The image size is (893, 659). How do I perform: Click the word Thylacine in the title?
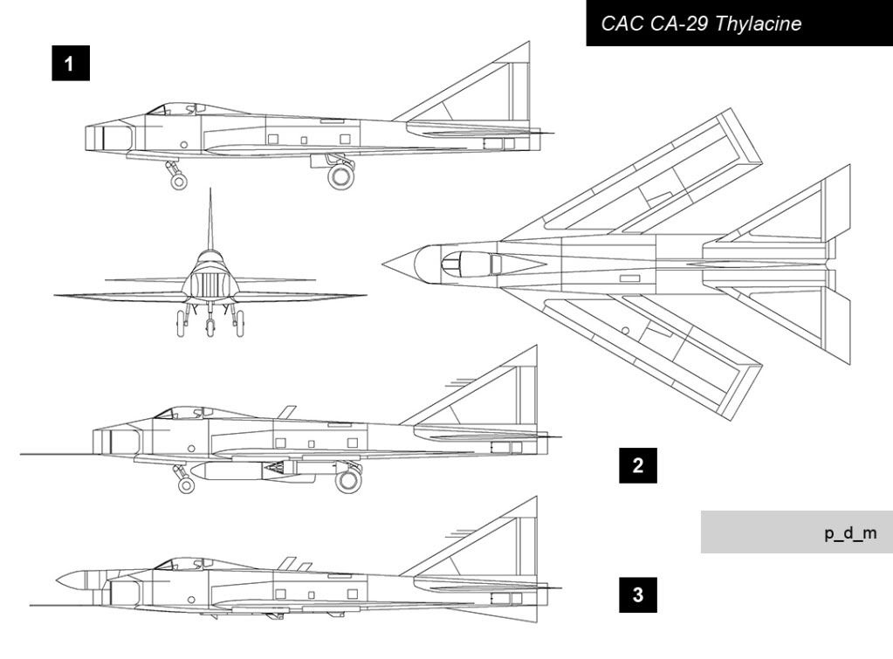click(x=758, y=24)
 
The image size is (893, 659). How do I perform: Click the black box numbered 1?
click(x=71, y=63)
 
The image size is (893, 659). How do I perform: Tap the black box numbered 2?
click(x=638, y=465)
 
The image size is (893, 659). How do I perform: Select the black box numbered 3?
click(x=638, y=594)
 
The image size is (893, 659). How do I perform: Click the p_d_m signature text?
click(x=850, y=533)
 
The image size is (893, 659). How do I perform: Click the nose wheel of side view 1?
click(x=179, y=182)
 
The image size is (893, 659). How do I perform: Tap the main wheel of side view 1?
click(x=341, y=176)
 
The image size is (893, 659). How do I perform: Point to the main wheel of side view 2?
click(x=348, y=480)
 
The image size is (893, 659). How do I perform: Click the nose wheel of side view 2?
click(x=186, y=484)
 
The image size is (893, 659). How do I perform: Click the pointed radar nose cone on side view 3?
click(x=71, y=580)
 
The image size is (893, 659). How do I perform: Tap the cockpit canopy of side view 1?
click(x=176, y=109)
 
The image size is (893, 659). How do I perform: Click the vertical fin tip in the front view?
click(x=210, y=189)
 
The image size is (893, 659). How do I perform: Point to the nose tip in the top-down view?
click(x=383, y=264)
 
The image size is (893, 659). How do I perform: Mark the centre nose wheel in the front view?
click(x=210, y=327)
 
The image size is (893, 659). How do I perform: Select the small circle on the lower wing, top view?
click(x=625, y=331)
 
